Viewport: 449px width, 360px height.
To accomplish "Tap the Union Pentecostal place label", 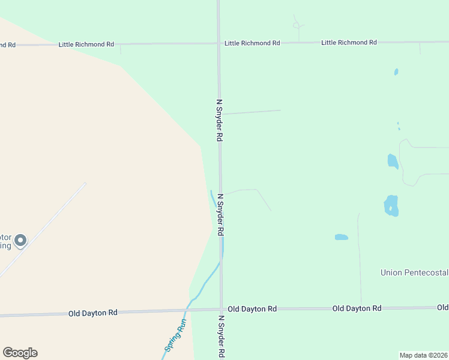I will (x=414, y=272).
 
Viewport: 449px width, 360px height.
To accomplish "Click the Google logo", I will (x=20, y=353).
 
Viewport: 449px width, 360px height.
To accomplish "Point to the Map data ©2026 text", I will (x=423, y=355).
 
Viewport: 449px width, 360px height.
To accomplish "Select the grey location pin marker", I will (x=20, y=241).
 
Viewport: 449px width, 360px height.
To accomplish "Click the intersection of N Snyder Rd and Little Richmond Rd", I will (x=218, y=43).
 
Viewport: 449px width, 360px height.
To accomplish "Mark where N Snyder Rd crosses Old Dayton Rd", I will (x=221, y=310).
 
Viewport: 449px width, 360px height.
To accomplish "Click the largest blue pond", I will (x=391, y=205).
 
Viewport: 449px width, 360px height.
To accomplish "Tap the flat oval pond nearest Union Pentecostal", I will (x=342, y=237).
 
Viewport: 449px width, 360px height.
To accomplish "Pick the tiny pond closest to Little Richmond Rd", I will (x=396, y=72).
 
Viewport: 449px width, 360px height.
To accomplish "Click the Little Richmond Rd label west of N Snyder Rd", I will (x=86, y=44).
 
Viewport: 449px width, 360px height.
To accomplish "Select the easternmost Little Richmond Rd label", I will (x=349, y=43).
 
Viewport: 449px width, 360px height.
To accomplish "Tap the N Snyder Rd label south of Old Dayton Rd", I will (x=221, y=337).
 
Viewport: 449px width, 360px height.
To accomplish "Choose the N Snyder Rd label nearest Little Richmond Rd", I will (x=220, y=120).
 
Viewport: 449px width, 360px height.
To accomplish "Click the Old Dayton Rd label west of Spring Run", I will (x=92, y=313).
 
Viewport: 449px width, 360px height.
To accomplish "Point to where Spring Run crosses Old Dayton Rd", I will (x=187, y=310).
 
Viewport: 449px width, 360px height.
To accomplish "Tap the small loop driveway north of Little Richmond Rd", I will (x=297, y=25).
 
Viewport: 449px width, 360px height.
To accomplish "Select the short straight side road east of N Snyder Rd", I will (x=252, y=112).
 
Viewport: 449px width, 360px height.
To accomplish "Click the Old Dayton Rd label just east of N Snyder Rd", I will (x=252, y=308).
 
